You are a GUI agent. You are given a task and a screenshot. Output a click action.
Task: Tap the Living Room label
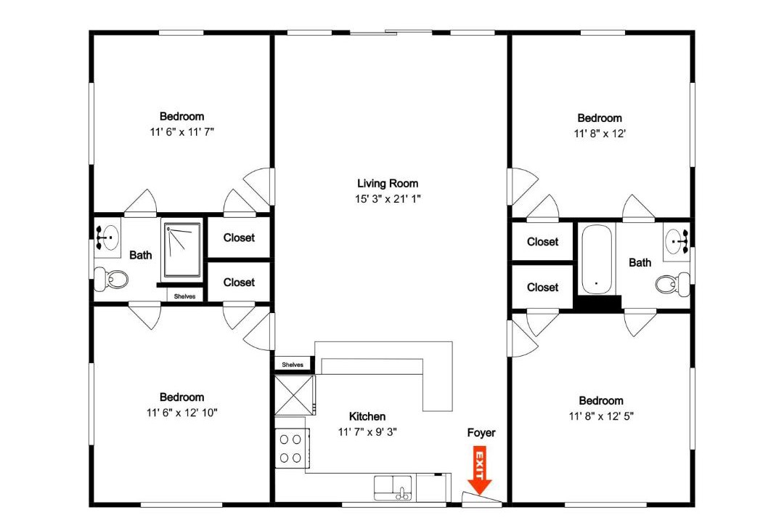coord(388,184)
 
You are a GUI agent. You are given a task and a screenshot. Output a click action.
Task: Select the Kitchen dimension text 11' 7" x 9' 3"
coord(367,432)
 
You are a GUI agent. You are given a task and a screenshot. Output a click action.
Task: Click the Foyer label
coord(481,433)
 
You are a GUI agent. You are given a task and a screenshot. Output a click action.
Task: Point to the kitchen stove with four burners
coord(291,448)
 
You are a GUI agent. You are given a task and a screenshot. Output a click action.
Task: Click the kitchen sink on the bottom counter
coord(393,488)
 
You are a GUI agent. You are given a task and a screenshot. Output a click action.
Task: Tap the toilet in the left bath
coord(112,279)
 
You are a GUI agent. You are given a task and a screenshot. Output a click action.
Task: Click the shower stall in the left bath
coord(182,250)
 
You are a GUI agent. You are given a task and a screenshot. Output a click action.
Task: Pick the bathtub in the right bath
coord(596,260)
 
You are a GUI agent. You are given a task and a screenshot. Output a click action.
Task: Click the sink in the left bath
coord(108,238)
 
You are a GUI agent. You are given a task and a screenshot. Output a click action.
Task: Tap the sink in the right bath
coord(677,242)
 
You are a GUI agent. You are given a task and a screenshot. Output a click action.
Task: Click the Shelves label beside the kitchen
coord(293,365)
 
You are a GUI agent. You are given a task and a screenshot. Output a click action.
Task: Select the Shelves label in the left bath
coord(184,296)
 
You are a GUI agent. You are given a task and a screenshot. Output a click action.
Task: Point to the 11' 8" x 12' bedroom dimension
coord(600,134)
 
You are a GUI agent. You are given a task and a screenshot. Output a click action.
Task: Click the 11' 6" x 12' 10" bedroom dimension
coord(182,413)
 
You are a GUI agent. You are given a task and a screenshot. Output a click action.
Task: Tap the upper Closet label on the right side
coord(542,242)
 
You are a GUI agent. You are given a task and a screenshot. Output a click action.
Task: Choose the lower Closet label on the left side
coord(239,283)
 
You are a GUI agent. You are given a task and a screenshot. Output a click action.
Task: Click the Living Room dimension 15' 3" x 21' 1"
coord(388,199)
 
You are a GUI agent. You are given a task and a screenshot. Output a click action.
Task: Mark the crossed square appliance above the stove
coord(295,395)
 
